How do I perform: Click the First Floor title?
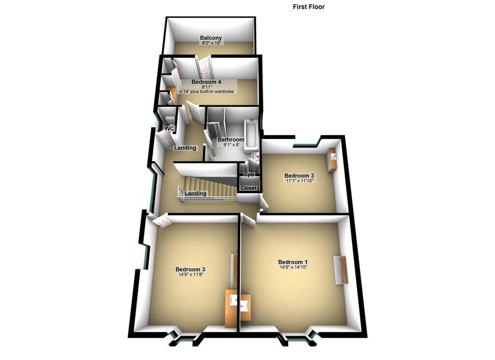[308, 7]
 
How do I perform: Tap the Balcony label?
[211, 38]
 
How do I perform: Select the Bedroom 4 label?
[206, 82]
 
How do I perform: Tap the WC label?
[170, 129]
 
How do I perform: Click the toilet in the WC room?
[170, 119]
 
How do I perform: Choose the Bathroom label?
[231, 140]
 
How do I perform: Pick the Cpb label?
[249, 174]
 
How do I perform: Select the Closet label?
[248, 188]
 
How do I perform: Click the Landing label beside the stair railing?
[195, 193]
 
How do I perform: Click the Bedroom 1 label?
[293, 262]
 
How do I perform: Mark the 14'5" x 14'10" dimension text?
[293, 267]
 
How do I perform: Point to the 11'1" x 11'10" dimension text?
[299, 181]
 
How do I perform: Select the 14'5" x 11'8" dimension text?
[190, 274]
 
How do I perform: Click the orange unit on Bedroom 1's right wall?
[341, 270]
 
